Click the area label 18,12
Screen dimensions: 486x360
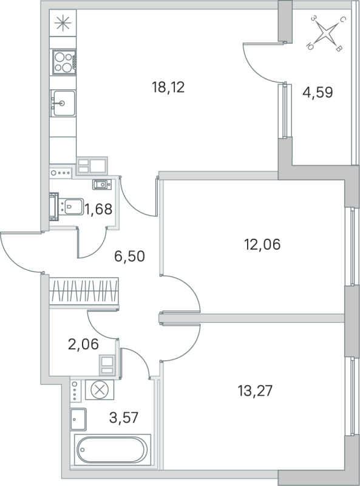[168, 87]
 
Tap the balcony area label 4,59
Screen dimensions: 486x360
[318, 94]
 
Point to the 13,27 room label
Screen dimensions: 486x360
[255, 389]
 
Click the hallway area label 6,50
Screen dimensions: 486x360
[131, 255]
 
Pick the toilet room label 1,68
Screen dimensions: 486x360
[98, 210]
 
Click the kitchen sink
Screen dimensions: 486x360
[63, 103]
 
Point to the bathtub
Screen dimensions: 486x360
[111, 450]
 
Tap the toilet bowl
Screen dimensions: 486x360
[70, 207]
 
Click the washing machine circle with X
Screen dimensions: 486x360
[97, 389]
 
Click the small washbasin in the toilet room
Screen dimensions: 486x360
[100, 184]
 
